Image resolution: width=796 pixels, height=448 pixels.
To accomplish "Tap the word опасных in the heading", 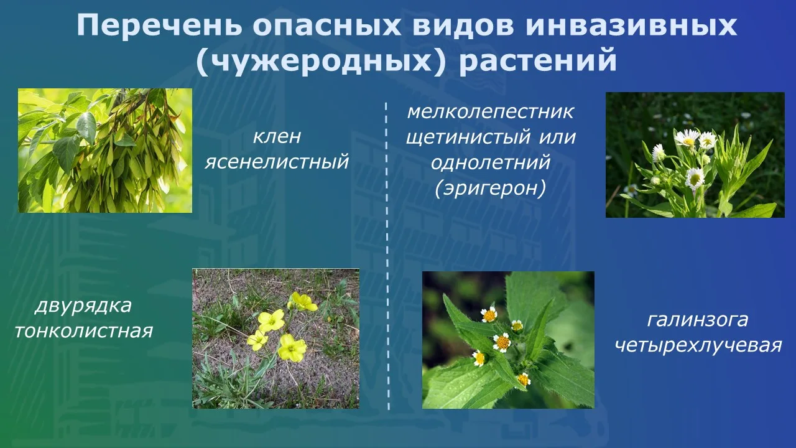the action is click(x=327, y=26).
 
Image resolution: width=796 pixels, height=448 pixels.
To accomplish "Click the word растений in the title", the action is click(x=539, y=61).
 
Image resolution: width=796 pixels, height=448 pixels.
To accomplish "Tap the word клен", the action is click(x=277, y=136).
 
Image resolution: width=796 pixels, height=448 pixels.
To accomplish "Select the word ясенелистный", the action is click(x=277, y=161).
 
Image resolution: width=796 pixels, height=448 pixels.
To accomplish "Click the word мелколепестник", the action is click(x=491, y=112).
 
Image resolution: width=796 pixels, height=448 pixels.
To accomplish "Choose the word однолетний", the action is click(x=491, y=162).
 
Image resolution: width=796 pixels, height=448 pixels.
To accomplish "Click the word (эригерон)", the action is click(x=491, y=189).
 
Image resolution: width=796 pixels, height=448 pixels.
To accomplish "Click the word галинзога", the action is click(x=698, y=320).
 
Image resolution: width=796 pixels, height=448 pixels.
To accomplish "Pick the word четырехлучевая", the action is click(x=698, y=345).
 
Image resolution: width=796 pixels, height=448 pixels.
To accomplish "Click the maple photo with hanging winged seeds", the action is click(x=105, y=151).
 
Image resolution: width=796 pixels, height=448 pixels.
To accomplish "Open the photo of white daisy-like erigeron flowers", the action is click(x=695, y=155).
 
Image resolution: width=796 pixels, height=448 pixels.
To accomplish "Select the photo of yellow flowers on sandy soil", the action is click(x=275, y=338).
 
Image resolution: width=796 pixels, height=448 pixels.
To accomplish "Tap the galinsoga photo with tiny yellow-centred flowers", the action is click(x=508, y=340).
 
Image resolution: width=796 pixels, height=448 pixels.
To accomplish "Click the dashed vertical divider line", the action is click(x=387, y=256).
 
